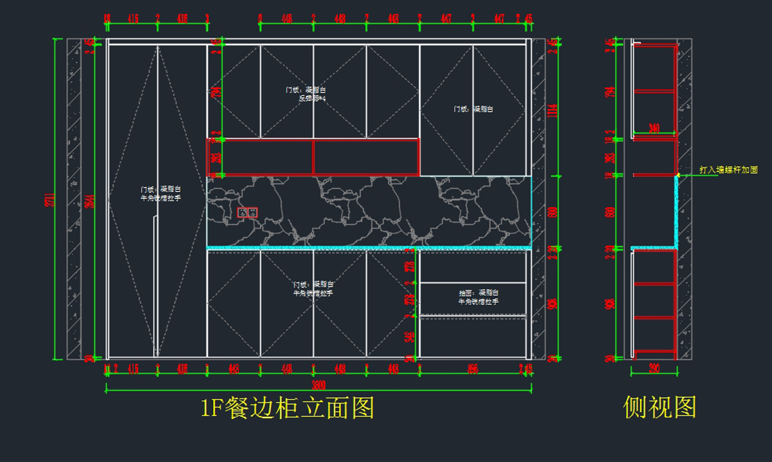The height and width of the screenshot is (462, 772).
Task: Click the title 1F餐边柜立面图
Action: coord(287,407)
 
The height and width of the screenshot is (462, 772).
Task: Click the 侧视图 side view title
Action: coord(659,407)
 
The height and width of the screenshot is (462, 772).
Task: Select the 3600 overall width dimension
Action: coord(319,385)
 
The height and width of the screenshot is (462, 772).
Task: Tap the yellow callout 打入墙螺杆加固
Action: coord(728,171)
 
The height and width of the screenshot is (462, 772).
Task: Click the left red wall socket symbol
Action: coord(243,212)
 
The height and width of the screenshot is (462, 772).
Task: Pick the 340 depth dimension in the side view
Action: coord(654,128)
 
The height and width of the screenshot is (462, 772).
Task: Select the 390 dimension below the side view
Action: coord(654,369)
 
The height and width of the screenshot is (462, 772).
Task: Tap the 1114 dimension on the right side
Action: coord(551,111)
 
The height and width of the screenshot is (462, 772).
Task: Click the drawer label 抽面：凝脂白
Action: coord(478,293)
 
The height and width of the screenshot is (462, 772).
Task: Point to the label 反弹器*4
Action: coord(313,98)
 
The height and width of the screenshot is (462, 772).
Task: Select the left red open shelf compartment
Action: coord(260,157)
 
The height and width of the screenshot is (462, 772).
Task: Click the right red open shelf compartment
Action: coord(365,157)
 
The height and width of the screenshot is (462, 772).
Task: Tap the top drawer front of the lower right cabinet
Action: coord(473,266)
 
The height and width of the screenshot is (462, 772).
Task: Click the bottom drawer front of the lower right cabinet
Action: coord(473,338)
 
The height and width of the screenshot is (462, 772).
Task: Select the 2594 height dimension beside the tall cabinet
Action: coord(94,199)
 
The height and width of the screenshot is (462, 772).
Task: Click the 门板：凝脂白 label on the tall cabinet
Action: coord(161,190)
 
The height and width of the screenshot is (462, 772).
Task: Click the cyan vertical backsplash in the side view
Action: coord(677,212)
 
